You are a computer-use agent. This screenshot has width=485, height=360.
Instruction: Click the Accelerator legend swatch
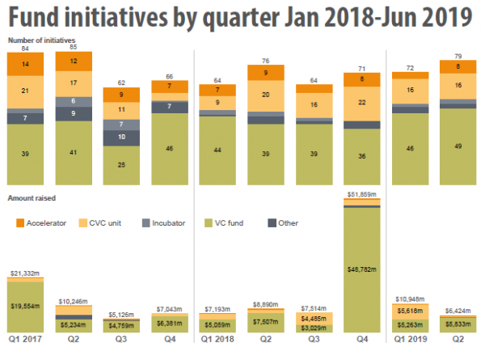[20, 221]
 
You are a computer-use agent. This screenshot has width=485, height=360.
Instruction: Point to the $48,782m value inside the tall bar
[361, 269]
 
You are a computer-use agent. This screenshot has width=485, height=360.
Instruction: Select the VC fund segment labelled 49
[458, 146]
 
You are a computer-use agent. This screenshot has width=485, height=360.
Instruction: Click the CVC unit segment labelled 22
[361, 103]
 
